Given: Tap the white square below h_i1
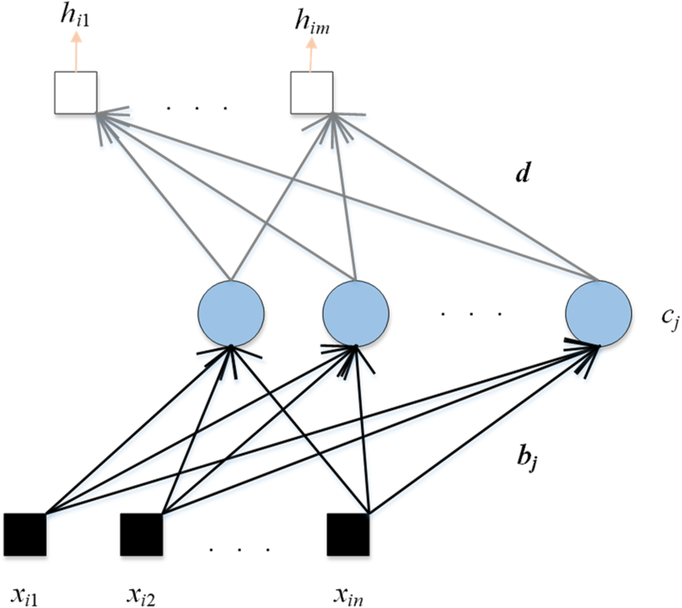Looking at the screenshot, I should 76,92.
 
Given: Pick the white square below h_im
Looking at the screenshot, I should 312,92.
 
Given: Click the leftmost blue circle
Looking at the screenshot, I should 231,313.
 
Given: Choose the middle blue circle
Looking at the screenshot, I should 355,313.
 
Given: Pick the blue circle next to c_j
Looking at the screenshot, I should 599,313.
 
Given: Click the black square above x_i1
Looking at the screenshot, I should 25,534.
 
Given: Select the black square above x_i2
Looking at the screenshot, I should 141,534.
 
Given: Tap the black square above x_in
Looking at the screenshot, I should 348,534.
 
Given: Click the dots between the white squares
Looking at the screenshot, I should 197,108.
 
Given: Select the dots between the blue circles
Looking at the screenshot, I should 471,314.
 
